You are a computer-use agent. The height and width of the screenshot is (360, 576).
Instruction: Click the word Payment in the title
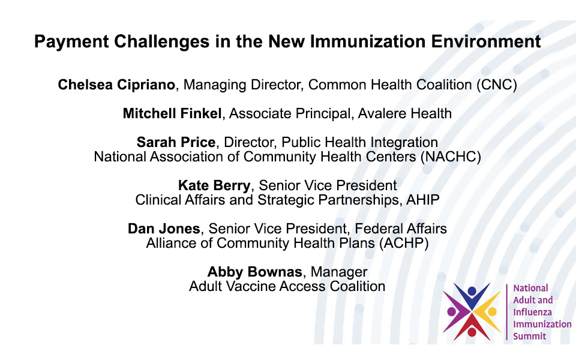71,41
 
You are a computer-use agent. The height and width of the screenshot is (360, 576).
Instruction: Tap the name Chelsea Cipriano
116,85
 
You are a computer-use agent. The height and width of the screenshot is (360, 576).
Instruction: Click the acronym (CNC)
497,85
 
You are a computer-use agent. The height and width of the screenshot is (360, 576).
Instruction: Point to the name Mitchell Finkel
172,113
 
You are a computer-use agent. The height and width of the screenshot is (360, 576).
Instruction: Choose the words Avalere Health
405,113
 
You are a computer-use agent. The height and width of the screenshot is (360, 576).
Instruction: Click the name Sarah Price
176,142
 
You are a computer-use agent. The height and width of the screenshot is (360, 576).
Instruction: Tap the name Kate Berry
214,185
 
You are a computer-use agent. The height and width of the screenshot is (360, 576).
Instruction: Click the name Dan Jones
164,229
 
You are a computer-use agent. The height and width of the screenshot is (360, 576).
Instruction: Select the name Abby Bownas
254,272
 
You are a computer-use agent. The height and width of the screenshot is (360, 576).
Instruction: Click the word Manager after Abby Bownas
338,272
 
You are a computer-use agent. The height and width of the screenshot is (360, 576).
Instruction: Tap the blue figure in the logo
472,295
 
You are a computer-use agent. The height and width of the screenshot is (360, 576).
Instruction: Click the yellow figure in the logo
489,312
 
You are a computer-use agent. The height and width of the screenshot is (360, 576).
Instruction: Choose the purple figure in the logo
455,312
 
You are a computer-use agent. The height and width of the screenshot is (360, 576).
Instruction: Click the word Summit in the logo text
529,336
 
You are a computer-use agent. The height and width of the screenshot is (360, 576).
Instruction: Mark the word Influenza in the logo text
532,312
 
